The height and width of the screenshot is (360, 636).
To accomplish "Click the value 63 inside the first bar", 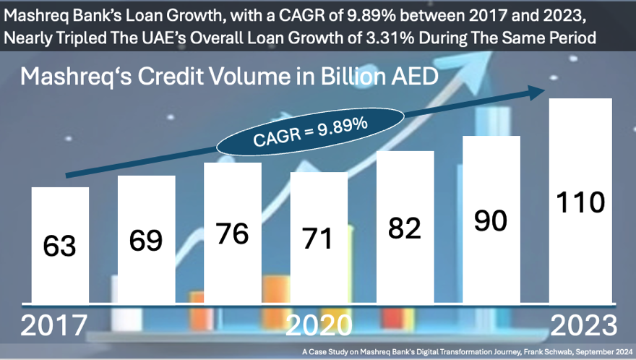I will coord(60,246).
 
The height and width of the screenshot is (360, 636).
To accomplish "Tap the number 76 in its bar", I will coord(232,233).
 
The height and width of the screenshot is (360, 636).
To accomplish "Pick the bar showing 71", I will coord(318,237).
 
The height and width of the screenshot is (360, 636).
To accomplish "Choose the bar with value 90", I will coord(491,220).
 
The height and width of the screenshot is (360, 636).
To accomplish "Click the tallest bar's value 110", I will coord(581,202).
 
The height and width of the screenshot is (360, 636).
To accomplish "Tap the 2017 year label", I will coord(53,325).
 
